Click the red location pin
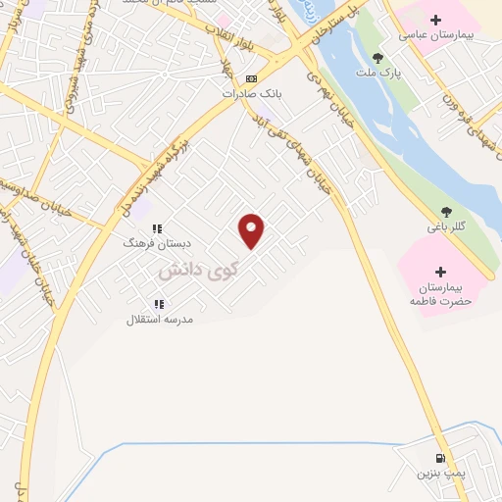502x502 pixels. [252, 230]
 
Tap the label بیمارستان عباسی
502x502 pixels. [436, 35]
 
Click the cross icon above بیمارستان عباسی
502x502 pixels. [436, 20]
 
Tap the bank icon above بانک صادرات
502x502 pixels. [252, 78]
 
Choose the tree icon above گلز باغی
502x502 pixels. [447, 211]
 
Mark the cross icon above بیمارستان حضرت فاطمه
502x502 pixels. [439, 272]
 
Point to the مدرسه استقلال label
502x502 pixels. [160, 319]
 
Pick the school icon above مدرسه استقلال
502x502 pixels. [159, 304]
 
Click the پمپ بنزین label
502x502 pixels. [437, 474]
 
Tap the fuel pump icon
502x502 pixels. [438, 458]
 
